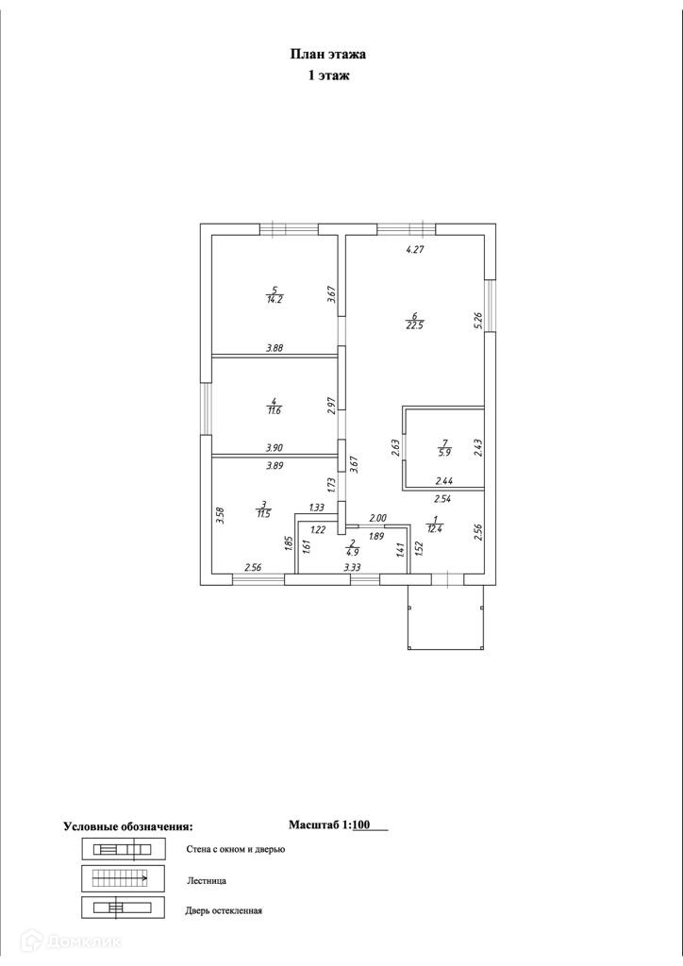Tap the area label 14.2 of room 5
tap(275, 299)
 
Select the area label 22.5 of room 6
tap(414, 326)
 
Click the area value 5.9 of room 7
tap(442, 451)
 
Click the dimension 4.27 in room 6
tap(416, 250)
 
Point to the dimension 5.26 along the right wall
tap(477, 321)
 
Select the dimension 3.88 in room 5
tap(275, 347)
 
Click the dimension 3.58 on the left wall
tap(220, 516)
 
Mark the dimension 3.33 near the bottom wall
tap(352, 567)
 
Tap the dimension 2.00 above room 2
tap(377, 518)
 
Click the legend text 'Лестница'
tap(207, 880)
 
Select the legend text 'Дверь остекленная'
tap(224, 910)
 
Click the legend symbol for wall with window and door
tap(124, 849)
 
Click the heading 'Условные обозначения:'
tap(127, 826)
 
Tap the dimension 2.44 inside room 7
tap(443, 481)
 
